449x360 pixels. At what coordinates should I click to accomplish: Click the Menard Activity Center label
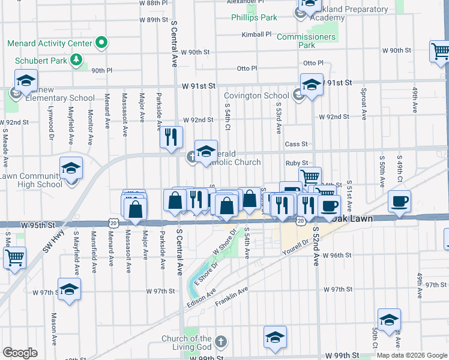50,43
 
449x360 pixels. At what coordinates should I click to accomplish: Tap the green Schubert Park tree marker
76,59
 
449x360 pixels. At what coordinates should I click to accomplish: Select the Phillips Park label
255,17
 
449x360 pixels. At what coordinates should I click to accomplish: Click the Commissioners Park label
306,41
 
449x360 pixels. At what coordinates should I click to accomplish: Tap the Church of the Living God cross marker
220,342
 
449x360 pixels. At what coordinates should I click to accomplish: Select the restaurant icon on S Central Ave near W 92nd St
171,137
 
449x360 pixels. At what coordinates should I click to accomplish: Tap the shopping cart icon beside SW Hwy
14,257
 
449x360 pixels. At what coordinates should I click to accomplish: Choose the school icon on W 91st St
312,85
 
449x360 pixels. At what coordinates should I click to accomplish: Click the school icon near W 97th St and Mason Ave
69,289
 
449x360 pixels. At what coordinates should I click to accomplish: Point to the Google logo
20,353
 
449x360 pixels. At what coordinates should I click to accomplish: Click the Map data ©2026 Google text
412,355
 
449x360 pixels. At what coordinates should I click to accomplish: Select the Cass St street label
296,144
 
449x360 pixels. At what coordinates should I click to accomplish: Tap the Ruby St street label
297,163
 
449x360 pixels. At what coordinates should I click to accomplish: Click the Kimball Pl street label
257,34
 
